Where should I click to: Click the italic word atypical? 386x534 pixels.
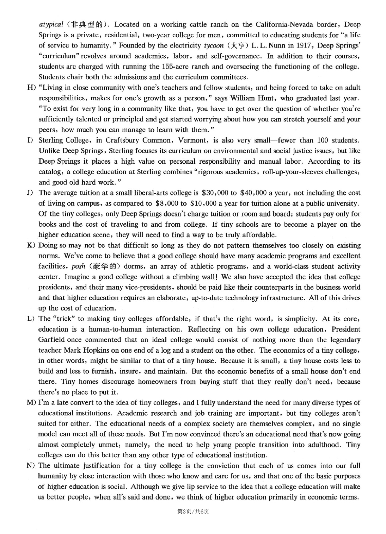tap(51, 25)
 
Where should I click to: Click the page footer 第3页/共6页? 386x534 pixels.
tap(193, 511)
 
